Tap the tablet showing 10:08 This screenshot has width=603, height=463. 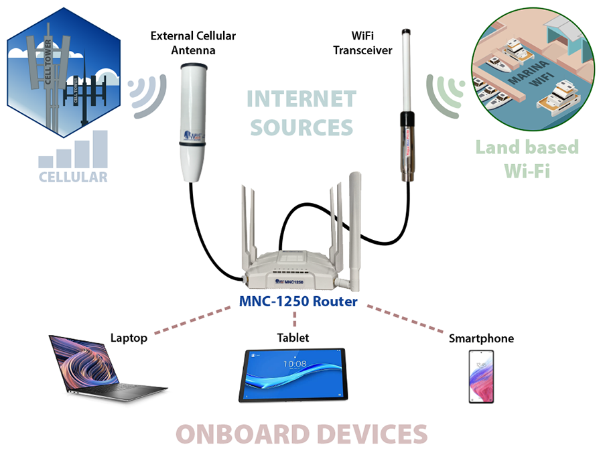[x=293, y=375]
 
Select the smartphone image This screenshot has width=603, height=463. [x=480, y=376]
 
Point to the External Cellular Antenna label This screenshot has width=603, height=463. [x=193, y=42]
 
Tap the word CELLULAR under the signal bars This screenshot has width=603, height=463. [x=73, y=177]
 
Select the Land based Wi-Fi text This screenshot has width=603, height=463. [x=527, y=157]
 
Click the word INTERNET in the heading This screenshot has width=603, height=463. [x=300, y=99]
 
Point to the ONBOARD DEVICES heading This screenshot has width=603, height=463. [x=301, y=434]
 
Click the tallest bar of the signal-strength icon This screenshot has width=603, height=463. [x=100, y=148]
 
